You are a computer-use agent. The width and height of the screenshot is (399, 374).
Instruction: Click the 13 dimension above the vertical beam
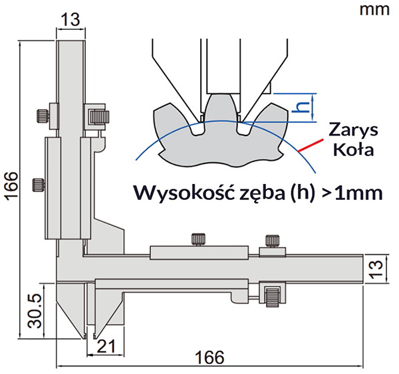70,20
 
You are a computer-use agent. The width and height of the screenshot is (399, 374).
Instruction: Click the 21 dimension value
106,345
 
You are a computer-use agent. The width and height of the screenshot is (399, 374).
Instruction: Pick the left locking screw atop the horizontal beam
197,239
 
